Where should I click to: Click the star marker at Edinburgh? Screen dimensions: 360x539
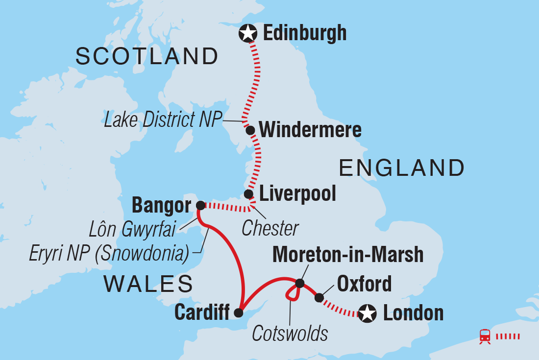[248, 34]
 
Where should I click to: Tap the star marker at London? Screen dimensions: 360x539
[367, 313]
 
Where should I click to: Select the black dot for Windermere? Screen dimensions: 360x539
[250, 131]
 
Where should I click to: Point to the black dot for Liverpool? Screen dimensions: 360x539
[249, 194]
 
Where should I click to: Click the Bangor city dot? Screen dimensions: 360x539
[200, 205]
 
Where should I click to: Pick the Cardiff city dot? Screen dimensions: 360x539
[239, 313]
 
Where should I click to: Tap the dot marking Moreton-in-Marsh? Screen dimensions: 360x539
[300, 284]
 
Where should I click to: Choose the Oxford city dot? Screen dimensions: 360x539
[319, 298]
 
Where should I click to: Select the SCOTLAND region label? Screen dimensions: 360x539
[147, 57]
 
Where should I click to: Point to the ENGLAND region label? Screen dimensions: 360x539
[402, 168]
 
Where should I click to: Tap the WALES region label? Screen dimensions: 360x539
[147, 284]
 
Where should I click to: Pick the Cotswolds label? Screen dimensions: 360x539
[290, 334]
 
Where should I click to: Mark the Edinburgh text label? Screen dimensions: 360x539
[305, 33]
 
